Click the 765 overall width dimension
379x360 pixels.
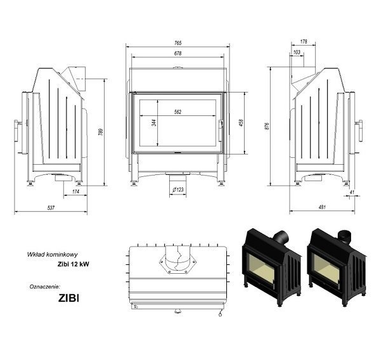tap(177, 43)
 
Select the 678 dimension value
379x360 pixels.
tap(177, 53)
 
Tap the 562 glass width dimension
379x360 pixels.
tap(177, 112)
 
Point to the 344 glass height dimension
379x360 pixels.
tap(154, 122)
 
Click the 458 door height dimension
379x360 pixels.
tap(241, 123)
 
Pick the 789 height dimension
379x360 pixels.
tap(101, 132)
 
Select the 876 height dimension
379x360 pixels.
tap(267, 126)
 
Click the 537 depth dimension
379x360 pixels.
tap(51, 208)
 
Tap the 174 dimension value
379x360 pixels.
tap(75, 192)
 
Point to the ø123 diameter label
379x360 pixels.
tap(178, 190)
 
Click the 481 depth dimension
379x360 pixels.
tap(322, 207)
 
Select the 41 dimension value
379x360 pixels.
tap(352, 192)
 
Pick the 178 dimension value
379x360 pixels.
tap(304, 42)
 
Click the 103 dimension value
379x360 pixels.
tap(297, 52)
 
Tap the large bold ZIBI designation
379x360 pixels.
tap(68, 298)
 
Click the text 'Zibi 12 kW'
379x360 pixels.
tap(74, 264)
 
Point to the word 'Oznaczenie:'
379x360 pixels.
tap(45, 286)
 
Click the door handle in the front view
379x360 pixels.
tap(221, 131)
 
